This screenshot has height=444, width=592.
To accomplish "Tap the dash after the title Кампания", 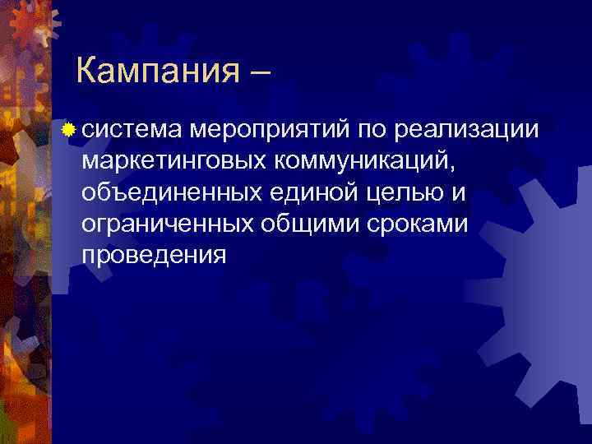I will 255,73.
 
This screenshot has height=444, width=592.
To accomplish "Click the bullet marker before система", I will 73,129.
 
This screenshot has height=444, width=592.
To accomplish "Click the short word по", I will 372,129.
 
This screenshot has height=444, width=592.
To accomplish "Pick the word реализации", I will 466,129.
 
